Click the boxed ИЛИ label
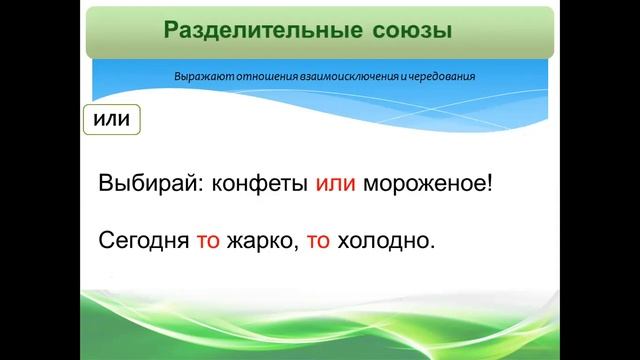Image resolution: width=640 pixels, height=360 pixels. click(x=112, y=121)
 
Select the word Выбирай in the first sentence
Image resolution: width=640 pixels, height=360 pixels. click(x=143, y=186)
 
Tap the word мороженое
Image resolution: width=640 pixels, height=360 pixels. click(x=427, y=186)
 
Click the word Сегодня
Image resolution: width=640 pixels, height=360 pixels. click(x=139, y=242)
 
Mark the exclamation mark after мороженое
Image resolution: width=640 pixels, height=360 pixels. click(x=493, y=186)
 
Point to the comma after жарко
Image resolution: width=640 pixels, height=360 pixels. click(x=297, y=249)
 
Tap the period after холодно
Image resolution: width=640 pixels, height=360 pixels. click(x=435, y=248)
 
